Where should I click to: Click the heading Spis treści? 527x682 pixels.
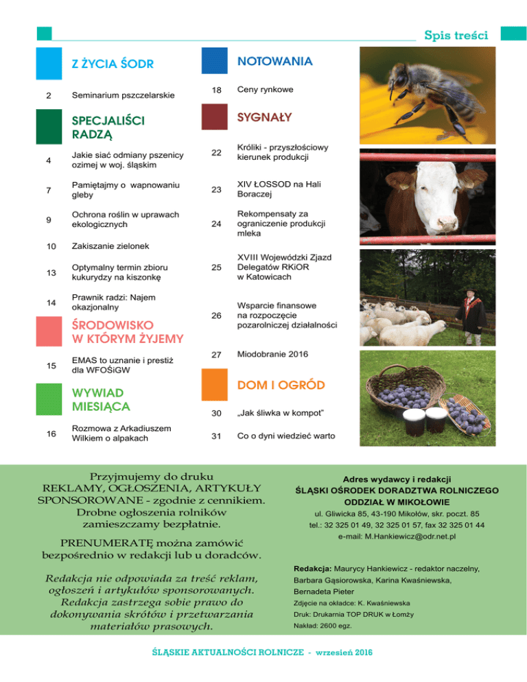tap(456, 34)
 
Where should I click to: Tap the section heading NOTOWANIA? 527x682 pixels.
tap(274, 61)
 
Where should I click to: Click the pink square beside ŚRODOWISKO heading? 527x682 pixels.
tap(50, 331)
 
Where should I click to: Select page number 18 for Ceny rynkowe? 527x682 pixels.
tap(216, 91)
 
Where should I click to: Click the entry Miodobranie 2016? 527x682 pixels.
tap(272, 354)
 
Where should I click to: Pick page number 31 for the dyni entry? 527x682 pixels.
tap(216, 437)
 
